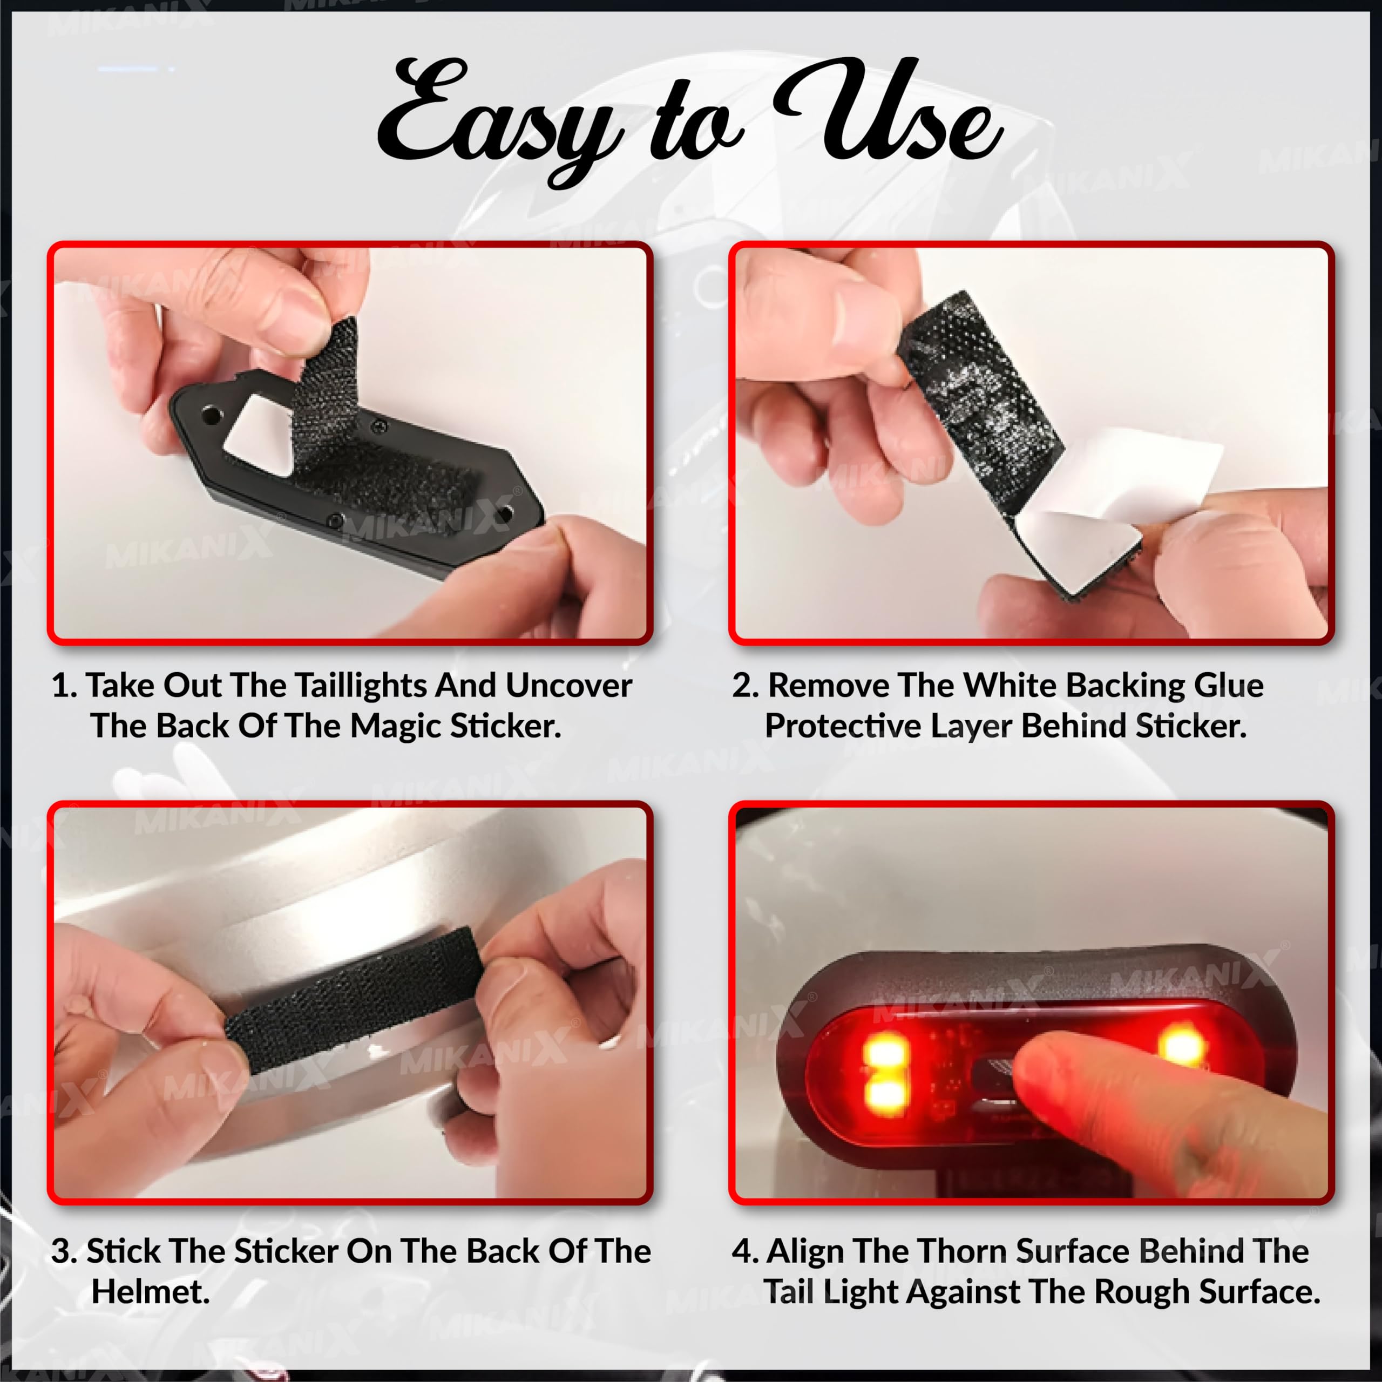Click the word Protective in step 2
[x=843, y=727]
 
